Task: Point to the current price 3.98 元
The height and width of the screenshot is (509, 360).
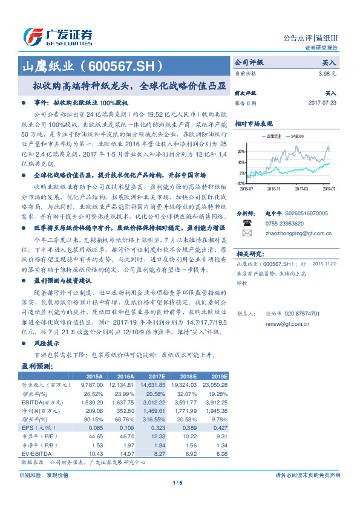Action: click(x=327, y=73)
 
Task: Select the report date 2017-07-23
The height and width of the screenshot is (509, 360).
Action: click(x=322, y=103)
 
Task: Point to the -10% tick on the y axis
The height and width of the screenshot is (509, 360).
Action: click(x=241, y=183)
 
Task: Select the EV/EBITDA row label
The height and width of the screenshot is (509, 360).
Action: click(x=37, y=452)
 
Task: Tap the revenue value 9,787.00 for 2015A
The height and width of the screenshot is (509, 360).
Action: click(x=90, y=384)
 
